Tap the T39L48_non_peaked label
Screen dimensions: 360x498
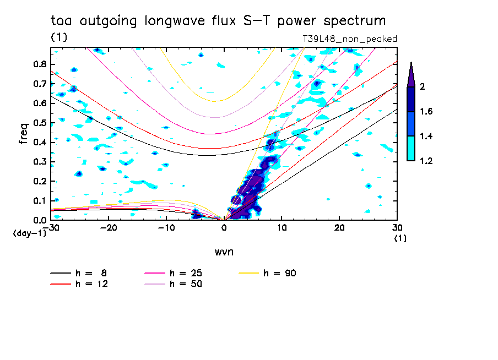coord(350,39)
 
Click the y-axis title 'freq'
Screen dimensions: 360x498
coord(24,133)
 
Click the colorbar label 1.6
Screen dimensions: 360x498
coord(426,112)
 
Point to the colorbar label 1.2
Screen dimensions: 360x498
coord(426,161)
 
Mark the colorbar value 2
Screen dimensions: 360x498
coord(423,87)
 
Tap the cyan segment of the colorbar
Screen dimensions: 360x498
coord(411,149)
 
